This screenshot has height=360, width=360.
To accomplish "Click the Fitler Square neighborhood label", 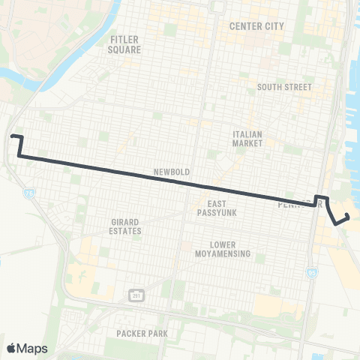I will click(x=125, y=44).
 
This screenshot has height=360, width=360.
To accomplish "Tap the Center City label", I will click(x=256, y=26).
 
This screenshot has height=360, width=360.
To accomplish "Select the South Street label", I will click(x=283, y=87).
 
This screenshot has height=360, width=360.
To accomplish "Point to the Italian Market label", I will click(x=247, y=138).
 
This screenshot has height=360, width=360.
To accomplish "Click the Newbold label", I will click(x=171, y=172).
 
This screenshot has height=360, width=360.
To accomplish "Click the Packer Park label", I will click(x=142, y=332).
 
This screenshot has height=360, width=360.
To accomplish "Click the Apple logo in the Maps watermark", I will click(x=11, y=348).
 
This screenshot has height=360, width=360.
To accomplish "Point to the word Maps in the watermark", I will click(x=33, y=348).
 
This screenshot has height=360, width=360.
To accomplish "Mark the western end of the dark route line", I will click(x=13, y=136).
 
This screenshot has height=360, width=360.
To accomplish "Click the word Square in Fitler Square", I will click(x=125, y=49).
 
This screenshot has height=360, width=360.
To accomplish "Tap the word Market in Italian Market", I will click(x=247, y=142).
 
